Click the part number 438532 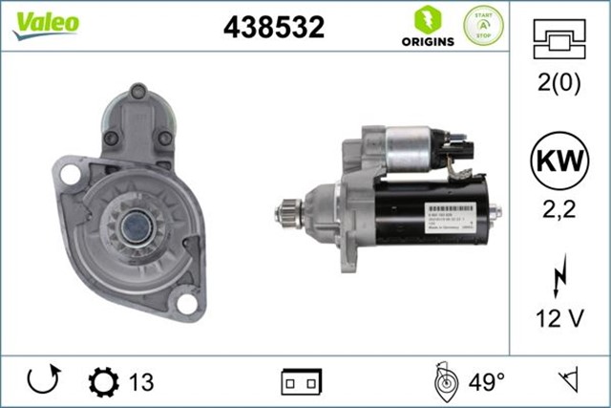tap(273, 28)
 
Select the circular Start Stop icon tap(483, 26)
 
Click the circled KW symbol tap(560, 161)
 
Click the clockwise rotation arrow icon tap(43, 381)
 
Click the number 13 tap(140, 382)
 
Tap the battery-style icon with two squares tap(302, 382)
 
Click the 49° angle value tap(486, 382)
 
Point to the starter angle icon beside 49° tap(445, 381)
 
